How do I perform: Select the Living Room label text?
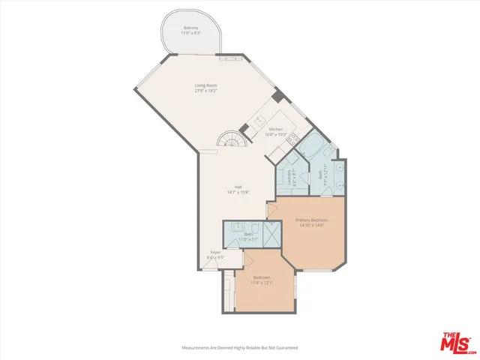(x=206, y=86)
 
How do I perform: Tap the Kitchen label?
(x=276, y=129)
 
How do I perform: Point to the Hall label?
(x=238, y=187)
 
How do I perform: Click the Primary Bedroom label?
(x=307, y=220)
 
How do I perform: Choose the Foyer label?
(x=215, y=252)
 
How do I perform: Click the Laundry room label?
(x=289, y=179)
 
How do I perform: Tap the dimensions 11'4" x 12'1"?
(x=261, y=283)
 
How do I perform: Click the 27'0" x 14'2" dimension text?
(x=206, y=91)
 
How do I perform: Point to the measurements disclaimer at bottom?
(x=240, y=347)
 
